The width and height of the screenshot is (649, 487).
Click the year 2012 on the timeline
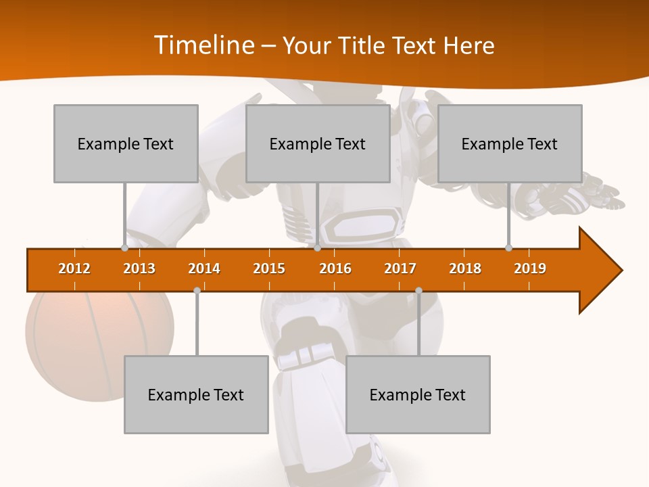pos(74,269)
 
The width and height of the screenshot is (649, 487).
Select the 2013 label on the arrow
pos(139,269)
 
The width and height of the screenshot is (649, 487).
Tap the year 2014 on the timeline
pos(204,269)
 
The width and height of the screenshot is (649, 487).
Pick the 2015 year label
pos(269,269)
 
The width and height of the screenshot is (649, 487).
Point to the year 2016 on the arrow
pos(335,269)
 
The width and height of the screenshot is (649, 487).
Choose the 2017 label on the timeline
pos(400,269)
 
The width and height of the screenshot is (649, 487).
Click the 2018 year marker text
pos(465,269)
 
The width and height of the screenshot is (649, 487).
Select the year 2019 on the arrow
pos(530,269)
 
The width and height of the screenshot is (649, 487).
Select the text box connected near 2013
pos(126,143)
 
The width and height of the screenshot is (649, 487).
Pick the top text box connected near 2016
pos(318,143)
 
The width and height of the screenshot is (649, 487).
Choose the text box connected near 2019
pos(510,143)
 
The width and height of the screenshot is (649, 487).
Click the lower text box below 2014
pos(196,394)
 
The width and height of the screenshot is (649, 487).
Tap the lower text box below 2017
pos(418,394)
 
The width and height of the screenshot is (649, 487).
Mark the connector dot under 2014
pos(197,290)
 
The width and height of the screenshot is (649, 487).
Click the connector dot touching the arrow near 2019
pos(508,248)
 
